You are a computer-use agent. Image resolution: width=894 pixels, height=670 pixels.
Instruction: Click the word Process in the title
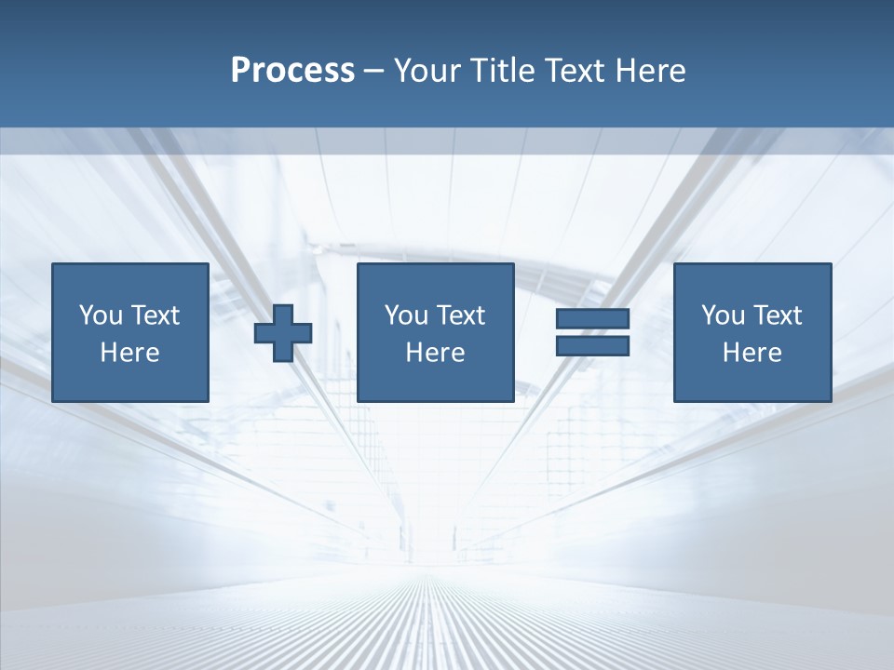tap(292, 71)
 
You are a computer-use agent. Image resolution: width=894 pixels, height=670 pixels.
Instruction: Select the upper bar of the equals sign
tap(592, 318)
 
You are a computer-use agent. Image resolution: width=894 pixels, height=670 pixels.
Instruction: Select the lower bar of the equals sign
tap(592, 346)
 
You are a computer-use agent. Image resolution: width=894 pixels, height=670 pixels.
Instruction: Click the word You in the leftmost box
tap(101, 315)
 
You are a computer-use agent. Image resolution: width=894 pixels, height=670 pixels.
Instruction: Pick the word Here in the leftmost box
tap(130, 353)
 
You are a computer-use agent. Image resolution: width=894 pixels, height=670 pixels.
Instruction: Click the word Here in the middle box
tap(435, 353)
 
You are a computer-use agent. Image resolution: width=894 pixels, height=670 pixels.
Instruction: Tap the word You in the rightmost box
tap(723, 315)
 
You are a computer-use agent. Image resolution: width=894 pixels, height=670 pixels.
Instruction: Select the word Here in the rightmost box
tap(752, 353)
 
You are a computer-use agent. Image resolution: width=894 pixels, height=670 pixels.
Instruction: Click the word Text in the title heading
tap(576, 71)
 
